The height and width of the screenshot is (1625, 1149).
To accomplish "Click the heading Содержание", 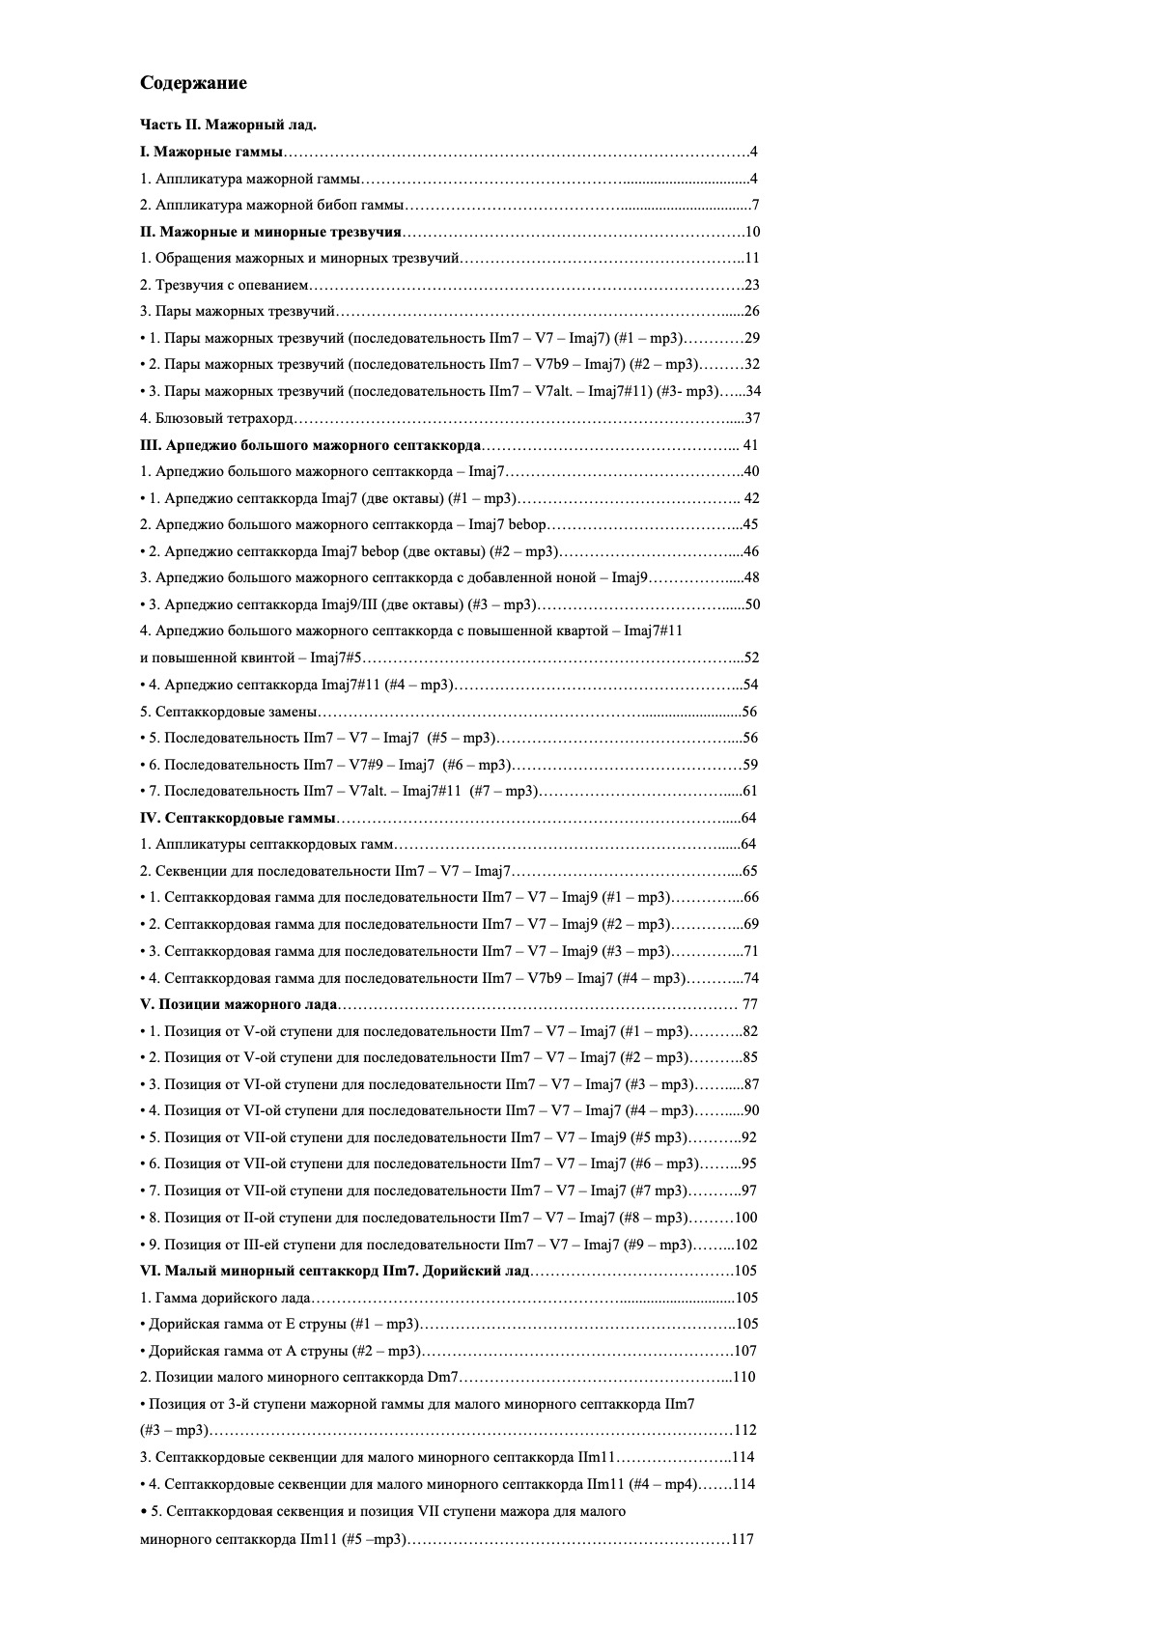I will [193, 83].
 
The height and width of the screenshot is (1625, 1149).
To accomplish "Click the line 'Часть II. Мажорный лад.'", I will [228, 125].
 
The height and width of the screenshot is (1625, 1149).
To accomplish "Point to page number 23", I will [753, 285].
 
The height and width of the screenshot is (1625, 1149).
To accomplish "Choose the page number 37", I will [753, 418].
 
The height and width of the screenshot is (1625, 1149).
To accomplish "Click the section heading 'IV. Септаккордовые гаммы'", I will [238, 818].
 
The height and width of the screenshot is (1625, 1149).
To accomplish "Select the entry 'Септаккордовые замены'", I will [229, 712].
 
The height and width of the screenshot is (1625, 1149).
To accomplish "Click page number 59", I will [750, 765].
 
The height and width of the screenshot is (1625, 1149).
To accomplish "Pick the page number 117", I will [743, 1539].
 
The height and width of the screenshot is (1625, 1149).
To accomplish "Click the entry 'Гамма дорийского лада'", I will [225, 1298].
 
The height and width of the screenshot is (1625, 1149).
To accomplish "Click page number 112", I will [745, 1430].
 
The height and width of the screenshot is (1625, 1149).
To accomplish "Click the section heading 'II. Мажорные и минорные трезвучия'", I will [270, 232].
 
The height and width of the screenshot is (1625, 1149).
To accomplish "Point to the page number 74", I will [751, 978].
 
